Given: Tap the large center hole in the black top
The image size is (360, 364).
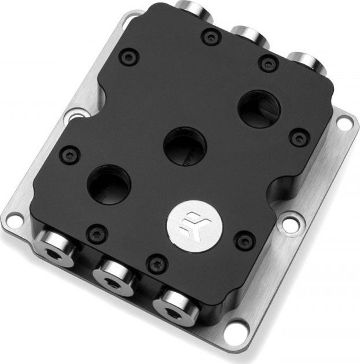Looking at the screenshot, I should [185, 145].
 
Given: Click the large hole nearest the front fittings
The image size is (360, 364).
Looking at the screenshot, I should [109, 185].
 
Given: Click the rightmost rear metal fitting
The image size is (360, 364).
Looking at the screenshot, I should [303, 61].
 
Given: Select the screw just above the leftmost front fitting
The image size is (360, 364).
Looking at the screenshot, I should [97, 233].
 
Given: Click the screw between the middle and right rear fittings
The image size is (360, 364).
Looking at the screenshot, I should [268, 62].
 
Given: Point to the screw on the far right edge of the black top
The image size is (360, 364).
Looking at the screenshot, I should [299, 138].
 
